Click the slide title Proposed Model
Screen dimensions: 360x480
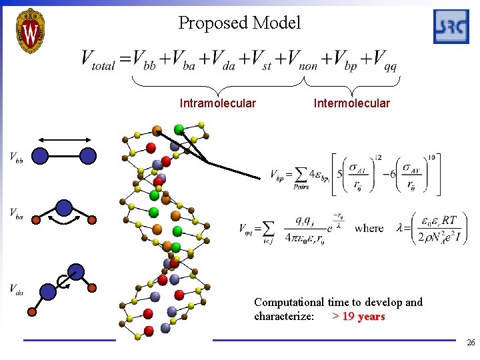tap(239, 23)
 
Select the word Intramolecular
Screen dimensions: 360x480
tap(217, 103)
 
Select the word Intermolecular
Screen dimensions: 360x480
tap(351, 103)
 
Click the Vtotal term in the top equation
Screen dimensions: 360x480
tap(98, 61)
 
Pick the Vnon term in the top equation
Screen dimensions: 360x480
tap(298, 61)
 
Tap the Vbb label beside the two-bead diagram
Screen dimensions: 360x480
tap(17, 157)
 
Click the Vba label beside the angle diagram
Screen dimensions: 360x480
tap(17, 213)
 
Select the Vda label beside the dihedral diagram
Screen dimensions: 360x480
tap(17, 288)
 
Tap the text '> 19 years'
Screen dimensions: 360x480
tap(358, 316)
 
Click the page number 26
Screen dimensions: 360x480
tap(471, 343)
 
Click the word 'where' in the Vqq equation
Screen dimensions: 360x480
tap(369, 228)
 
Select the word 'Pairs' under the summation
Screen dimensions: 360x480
tap(301, 187)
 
